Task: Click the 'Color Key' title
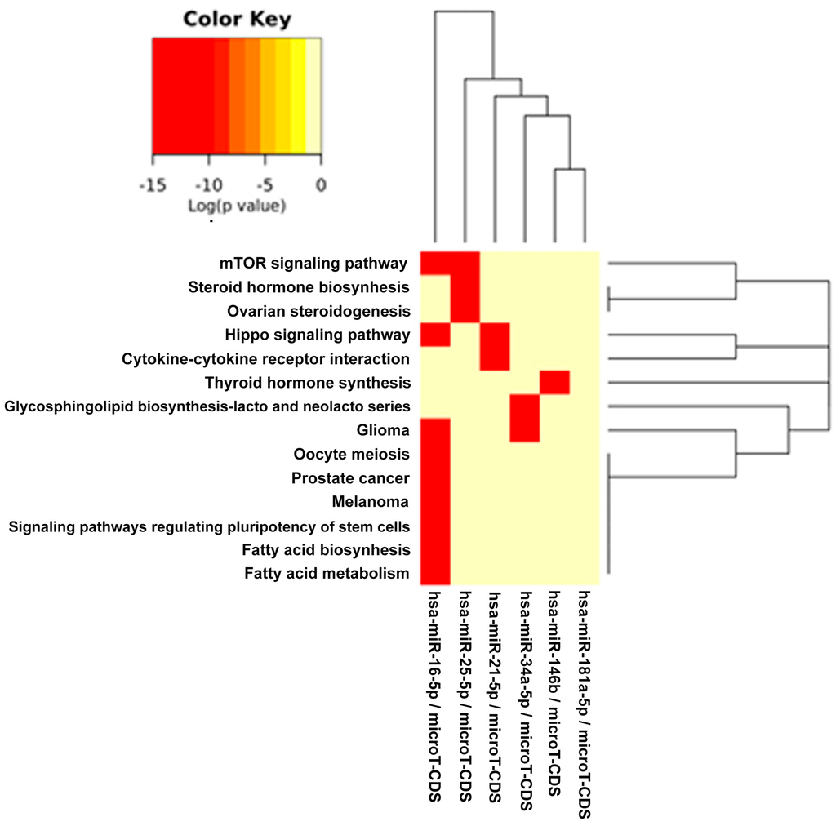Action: pos(237,19)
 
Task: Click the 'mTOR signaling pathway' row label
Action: pos(313,264)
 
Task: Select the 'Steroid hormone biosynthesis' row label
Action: pos(298,287)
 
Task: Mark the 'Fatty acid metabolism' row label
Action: pos(327,574)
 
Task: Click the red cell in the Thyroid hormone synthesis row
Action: pos(554,382)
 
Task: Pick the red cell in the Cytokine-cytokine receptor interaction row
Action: pos(495,358)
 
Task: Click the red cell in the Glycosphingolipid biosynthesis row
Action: pos(524,406)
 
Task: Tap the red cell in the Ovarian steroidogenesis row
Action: pos(465,311)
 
